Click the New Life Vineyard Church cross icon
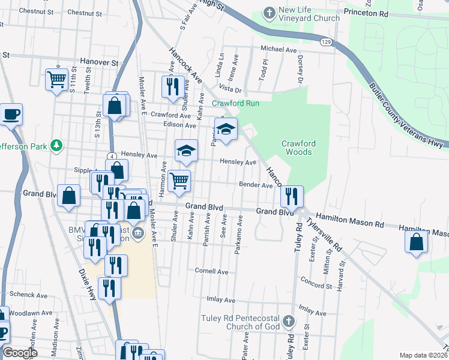[x=270, y=13]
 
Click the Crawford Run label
[x=235, y=103]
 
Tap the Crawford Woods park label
[x=298, y=148]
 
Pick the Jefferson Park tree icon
[x=56, y=145]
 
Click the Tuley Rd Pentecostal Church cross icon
[x=289, y=321]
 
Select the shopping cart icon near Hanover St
[x=56, y=79]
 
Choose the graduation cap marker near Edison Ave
[x=226, y=128]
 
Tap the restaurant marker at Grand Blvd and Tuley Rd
[x=292, y=195]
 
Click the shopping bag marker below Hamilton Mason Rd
[x=417, y=242]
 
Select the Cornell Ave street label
[x=211, y=271]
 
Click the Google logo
[x=20, y=352]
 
